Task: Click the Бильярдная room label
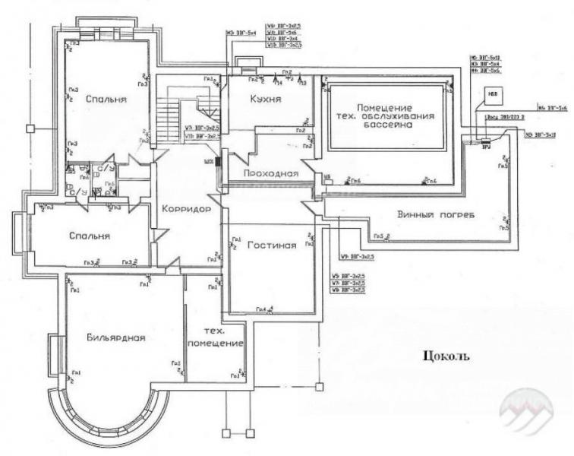point(115,337)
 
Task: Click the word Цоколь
point(449,355)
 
